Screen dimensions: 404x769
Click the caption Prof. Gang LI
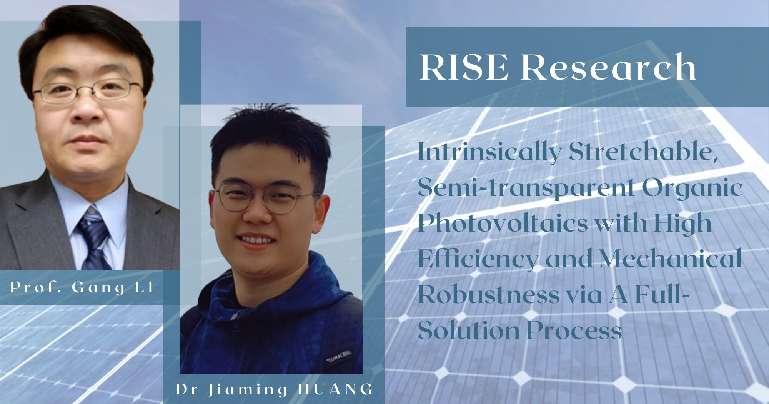(x=82, y=288)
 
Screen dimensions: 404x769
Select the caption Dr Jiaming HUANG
(x=275, y=389)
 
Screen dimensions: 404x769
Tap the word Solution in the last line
(x=468, y=330)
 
